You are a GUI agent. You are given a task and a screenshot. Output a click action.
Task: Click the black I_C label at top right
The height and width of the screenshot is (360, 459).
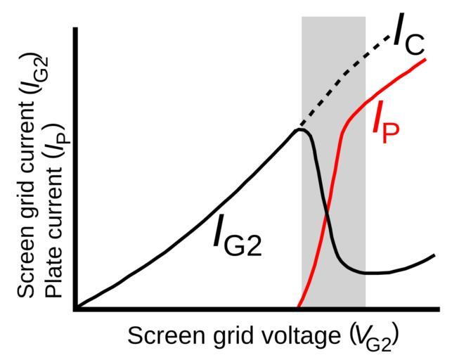point(408,37)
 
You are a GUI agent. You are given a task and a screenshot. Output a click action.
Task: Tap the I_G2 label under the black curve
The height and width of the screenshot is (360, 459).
point(237,238)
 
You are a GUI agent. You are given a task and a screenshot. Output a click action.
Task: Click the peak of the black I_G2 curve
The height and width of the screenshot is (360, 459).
point(301,129)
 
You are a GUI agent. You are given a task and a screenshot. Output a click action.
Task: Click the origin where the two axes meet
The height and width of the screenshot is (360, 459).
point(76,308)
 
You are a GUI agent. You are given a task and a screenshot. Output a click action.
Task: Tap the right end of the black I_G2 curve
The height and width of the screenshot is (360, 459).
point(434,255)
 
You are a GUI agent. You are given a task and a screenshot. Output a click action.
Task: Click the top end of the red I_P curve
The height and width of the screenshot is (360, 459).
point(426,58)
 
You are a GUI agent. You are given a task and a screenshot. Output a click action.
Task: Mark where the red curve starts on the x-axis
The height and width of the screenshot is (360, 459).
point(298,307)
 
